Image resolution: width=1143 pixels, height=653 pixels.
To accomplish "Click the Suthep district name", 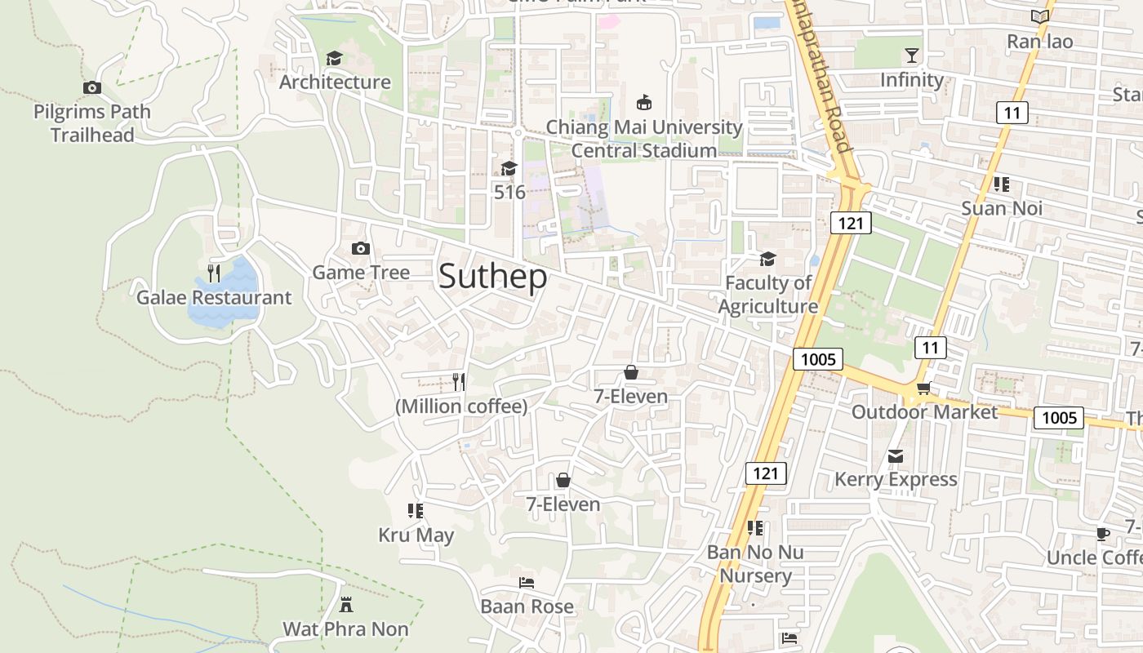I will (493, 277).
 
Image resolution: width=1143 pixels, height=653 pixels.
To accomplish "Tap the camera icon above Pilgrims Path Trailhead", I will (92, 87).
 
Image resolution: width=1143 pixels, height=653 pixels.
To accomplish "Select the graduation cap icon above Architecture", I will (334, 59).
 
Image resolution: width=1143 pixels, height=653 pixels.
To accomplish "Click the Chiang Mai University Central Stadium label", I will (643, 139).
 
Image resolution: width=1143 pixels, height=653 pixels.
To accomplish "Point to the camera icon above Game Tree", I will (361, 249).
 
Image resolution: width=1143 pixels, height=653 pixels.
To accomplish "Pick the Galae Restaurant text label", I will (213, 297).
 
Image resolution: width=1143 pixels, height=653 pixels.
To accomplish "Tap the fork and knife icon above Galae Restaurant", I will (213, 272).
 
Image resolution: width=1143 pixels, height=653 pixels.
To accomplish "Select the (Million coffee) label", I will (461, 406).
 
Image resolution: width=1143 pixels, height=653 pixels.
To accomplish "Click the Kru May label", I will (416, 535).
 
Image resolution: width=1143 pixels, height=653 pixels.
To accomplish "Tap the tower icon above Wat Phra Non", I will (346, 605).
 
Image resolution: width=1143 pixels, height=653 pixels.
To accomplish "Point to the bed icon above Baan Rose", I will (527, 583).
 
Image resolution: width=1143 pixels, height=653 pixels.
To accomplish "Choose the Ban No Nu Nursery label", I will (755, 564).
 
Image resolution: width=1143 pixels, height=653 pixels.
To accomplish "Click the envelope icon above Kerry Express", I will (896, 455).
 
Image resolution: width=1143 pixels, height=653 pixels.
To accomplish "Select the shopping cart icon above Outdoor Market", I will (923, 388).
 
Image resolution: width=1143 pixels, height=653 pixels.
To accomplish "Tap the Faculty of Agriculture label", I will (767, 295).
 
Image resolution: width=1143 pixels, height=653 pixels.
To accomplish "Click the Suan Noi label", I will (1002, 208).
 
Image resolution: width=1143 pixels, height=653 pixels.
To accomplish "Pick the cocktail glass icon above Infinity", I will (912, 56).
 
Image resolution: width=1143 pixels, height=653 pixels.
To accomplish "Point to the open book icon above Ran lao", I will (1039, 17).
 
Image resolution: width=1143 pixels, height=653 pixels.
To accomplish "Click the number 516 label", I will (509, 193).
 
